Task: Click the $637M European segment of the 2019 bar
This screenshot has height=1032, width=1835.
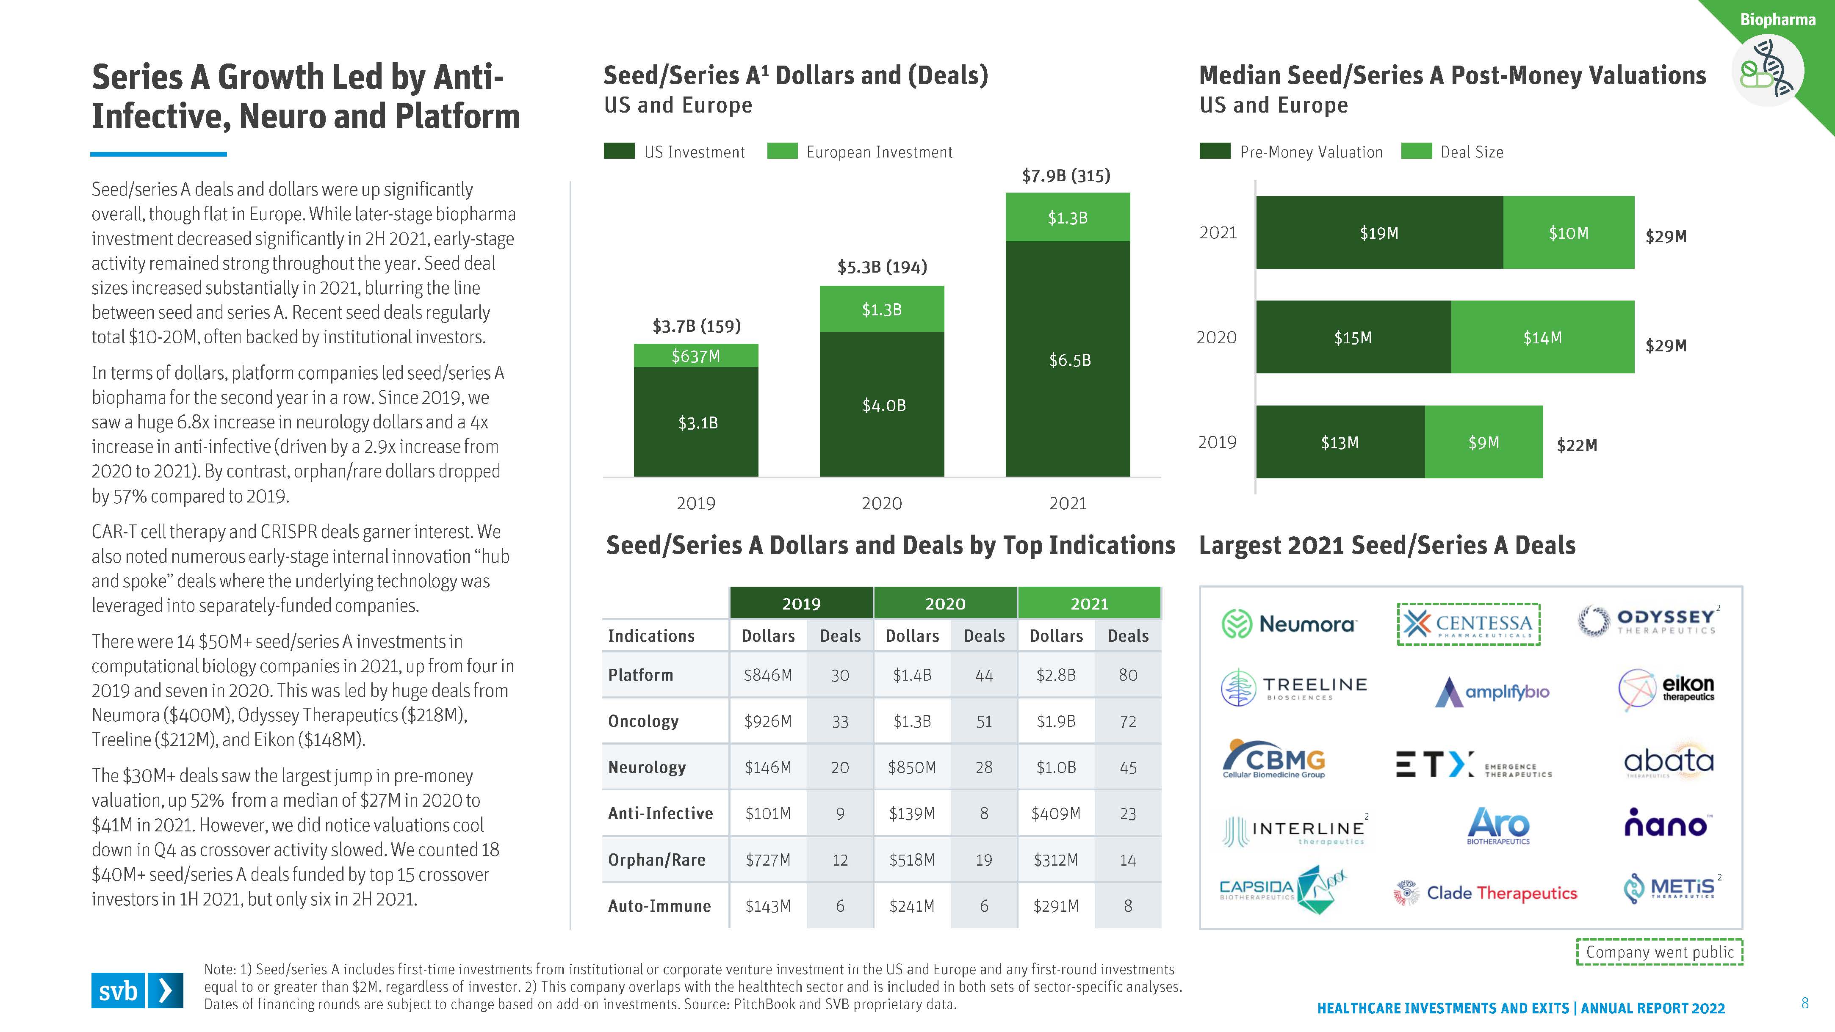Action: point(696,356)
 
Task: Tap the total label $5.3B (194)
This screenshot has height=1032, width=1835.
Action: point(882,267)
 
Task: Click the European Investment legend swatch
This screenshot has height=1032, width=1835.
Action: point(782,151)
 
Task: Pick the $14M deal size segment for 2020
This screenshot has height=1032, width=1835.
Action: point(1542,338)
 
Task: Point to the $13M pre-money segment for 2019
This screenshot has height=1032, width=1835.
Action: point(1340,442)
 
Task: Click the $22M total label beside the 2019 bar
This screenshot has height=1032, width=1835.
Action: point(1576,445)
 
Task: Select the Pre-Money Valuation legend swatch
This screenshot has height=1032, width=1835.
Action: point(1215,151)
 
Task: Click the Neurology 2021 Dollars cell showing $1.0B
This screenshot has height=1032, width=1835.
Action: point(1056,767)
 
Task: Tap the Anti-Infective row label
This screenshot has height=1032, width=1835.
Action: point(660,813)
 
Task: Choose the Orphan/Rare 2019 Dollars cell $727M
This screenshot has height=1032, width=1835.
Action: point(768,860)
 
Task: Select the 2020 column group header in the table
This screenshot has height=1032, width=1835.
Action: point(944,603)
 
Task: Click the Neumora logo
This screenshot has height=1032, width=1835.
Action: point(1290,624)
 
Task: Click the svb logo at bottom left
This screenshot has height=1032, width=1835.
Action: point(137,990)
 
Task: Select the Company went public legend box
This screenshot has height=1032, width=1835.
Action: point(1659,952)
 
